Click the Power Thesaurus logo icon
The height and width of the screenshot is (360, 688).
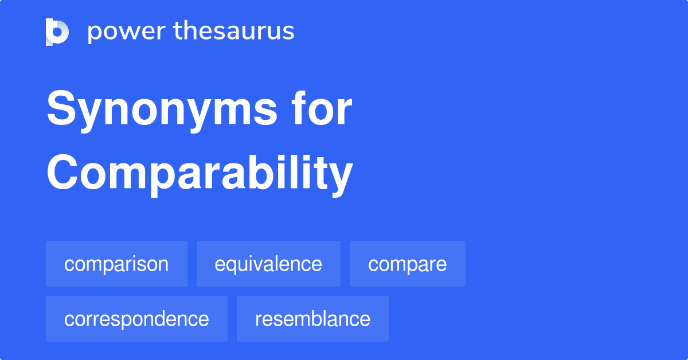pyautogui.click(x=57, y=32)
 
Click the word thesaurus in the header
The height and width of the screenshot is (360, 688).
pyautogui.click(x=234, y=32)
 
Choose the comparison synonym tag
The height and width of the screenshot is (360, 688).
pyautogui.click(x=116, y=264)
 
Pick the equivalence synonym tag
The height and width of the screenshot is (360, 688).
pyautogui.click(x=268, y=264)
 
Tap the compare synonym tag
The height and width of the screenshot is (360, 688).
pyautogui.click(x=407, y=264)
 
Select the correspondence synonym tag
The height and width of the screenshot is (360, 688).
pyautogui.click(x=136, y=319)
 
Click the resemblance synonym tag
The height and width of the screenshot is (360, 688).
pyautogui.click(x=312, y=319)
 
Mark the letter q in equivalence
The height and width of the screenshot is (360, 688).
pyautogui.click(x=233, y=266)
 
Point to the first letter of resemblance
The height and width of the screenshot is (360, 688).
pyautogui.click(x=258, y=320)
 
